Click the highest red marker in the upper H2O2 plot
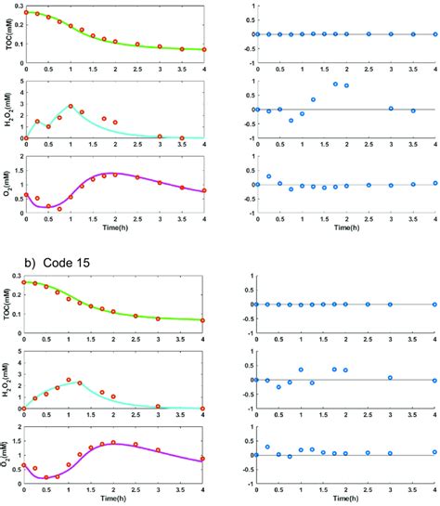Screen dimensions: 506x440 (71, 107)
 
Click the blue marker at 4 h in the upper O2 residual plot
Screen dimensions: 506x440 (434, 184)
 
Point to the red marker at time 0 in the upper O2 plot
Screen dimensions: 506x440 (26, 195)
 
